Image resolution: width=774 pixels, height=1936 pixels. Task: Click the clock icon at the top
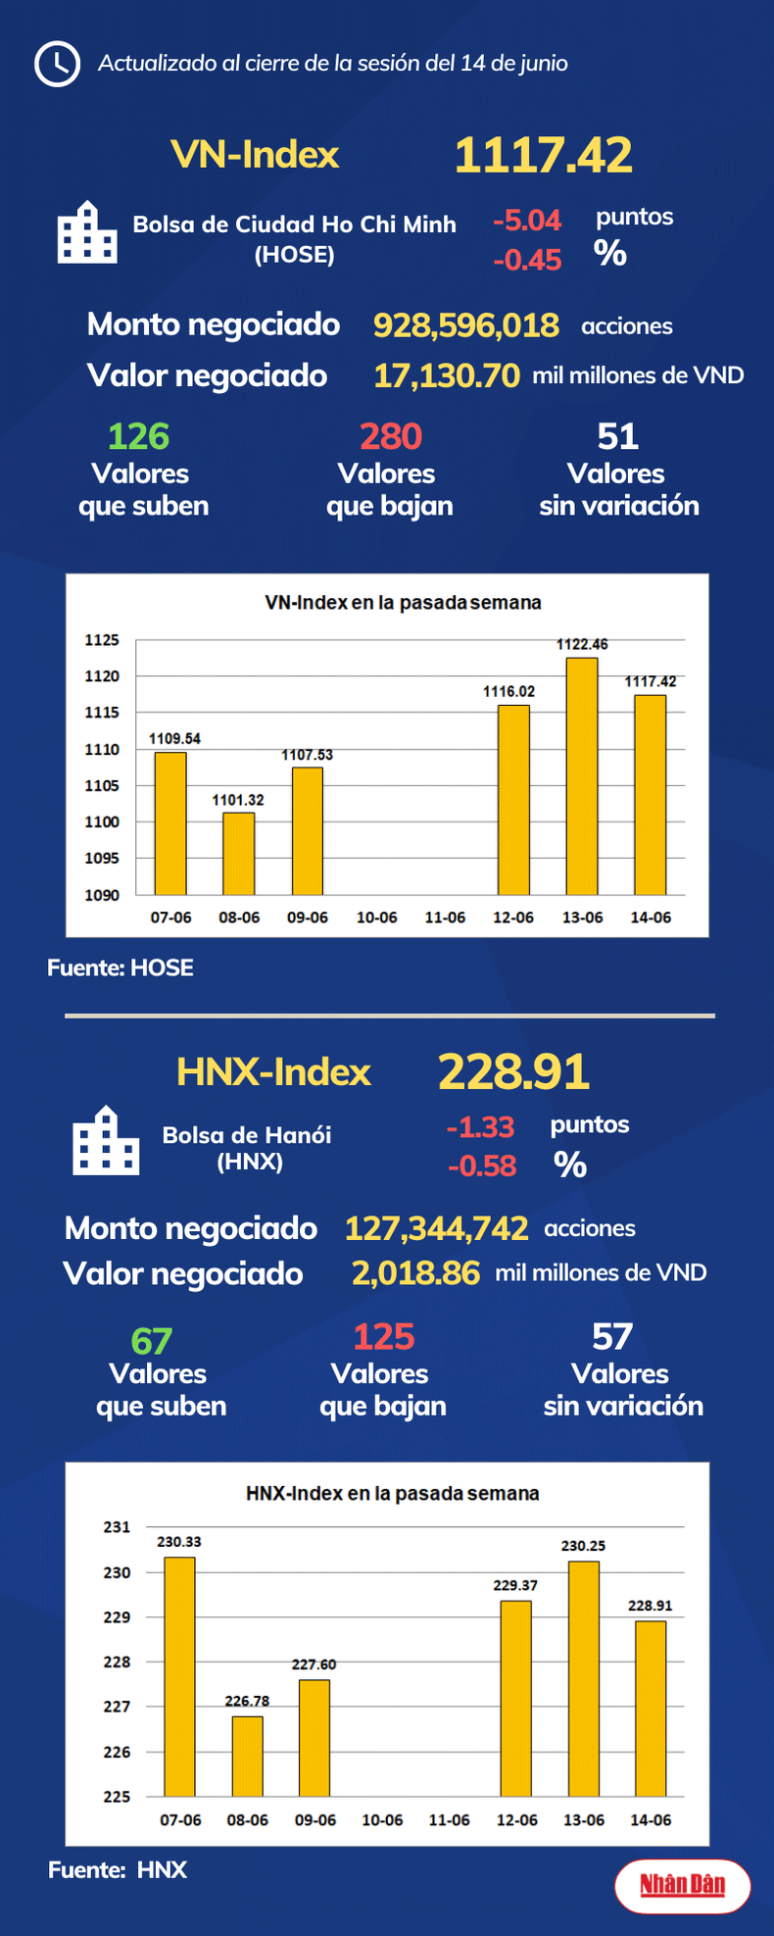(57, 64)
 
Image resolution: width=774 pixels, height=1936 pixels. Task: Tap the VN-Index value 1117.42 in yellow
(543, 156)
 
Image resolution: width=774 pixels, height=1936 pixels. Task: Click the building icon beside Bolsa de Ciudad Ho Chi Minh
(87, 233)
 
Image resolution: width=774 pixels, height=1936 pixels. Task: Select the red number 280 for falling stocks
(390, 436)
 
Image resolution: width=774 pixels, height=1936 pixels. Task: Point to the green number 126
(138, 436)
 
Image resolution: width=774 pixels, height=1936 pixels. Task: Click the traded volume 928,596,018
(465, 325)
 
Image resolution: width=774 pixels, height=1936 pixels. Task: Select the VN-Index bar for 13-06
(582, 775)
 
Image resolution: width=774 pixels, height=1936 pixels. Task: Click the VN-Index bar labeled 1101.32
(238, 853)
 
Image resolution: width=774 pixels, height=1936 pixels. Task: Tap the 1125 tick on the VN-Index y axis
(102, 640)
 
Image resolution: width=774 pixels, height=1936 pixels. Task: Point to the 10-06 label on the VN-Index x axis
(376, 918)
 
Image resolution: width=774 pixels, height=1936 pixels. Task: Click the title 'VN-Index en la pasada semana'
(403, 602)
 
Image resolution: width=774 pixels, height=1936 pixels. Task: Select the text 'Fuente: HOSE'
(121, 968)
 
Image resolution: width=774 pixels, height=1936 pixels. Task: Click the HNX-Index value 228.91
(513, 1072)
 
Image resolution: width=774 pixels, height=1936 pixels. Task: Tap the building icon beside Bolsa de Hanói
(105, 1142)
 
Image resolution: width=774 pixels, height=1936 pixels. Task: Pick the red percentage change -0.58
(481, 1166)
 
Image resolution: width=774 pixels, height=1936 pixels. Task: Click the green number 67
(151, 1340)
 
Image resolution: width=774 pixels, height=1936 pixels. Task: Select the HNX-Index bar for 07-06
(179, 1676)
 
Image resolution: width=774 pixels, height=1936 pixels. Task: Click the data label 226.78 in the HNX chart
(247, 1701)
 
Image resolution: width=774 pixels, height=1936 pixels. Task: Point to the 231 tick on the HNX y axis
(117, 1527)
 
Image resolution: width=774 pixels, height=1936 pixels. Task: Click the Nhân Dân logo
(682, 1884)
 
